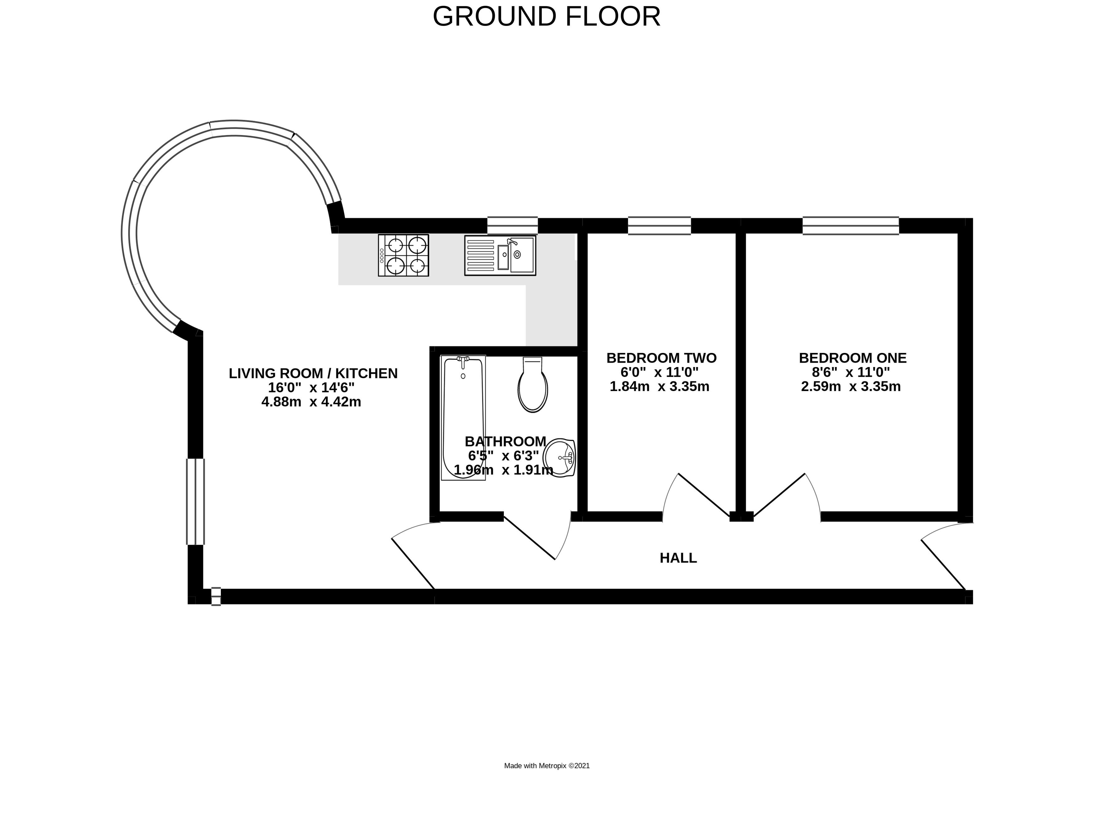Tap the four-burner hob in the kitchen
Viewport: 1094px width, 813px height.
click(x=403, y=255)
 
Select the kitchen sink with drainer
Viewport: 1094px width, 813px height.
click(x=500, y=255)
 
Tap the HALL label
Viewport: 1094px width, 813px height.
click(x=678, y=558)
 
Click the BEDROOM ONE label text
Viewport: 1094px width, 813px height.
click(x=853, y=358)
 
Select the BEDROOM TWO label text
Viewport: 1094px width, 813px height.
click(x=661, y=358)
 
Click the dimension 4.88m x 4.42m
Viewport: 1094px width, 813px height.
click(x=311, y=402)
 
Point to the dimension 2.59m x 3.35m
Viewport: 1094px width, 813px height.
click(x=850, y=386)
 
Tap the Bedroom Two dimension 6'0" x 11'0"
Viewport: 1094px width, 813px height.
click(x=659, y=372)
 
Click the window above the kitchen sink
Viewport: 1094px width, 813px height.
click(x=512, y=225)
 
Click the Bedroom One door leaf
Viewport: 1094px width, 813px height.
click(x=779, y=495)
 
